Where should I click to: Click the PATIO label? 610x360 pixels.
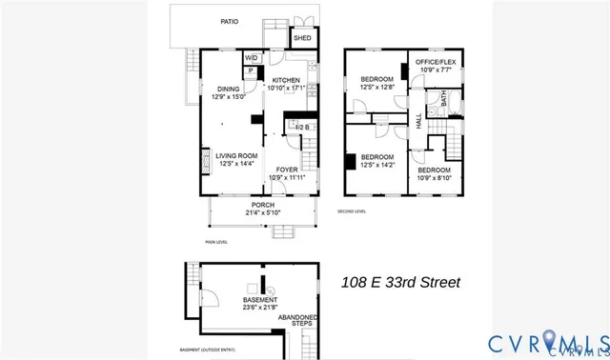click(x=229, y=20)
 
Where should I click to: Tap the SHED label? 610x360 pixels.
click(x=301, y=39)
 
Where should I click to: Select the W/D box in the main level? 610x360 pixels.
click(x=252, y=57)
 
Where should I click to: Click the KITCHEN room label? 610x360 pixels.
click(x=286, y=80)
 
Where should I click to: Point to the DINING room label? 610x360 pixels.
click(x=228, y=89)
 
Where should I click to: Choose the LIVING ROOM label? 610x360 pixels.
click(x=235, y=155)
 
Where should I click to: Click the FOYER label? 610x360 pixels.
click(x=286, y=170)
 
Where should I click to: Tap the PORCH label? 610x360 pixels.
click(x=263, y=205)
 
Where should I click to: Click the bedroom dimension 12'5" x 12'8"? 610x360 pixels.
click(x=376, y=87)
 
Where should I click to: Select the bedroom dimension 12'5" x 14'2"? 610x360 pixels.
click(x=376, y=163)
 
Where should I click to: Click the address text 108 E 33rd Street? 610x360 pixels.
click(x=400, y=282)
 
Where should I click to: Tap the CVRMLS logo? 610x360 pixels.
click(x=548, y=343)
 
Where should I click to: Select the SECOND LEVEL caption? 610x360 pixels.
click(x=352, y=210)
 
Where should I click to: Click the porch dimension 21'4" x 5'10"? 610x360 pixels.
click(x=263, y=212)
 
